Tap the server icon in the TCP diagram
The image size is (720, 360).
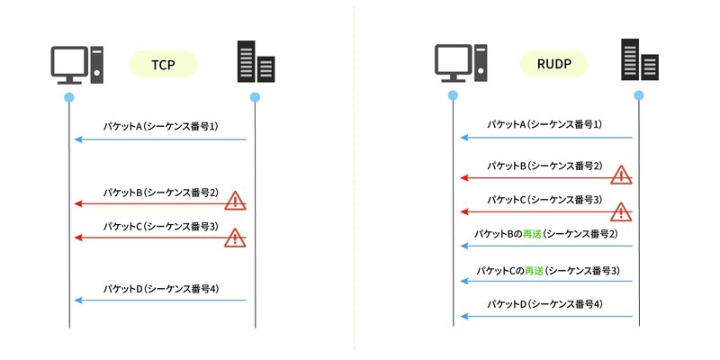pyautogui.click(x=255, y=62)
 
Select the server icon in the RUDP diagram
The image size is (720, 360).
pyautogui.click(x=639, y=60)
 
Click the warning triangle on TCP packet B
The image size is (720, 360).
pyautogui.click(x=235, y=200)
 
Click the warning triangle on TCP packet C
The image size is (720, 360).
pyautogui.click(x=235, y=237)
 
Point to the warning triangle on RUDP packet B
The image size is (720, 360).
pyautogui.click(x=621, y=175)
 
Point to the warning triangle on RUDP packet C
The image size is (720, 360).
pyautogui.click(x=621, y=211)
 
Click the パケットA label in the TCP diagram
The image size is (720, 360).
pyautogui.click(x=160, y=126)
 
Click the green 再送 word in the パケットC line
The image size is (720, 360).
pyautogui.click(x=534, y=269)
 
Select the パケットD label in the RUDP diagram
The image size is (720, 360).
pyautogui.click(x=544, y=304)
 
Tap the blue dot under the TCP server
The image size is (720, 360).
pyautogui.click(x=256, y=96)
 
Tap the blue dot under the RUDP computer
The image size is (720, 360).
pyautogui.click(x=453, y=95)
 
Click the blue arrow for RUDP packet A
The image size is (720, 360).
pyautogui.click(x=544, y=138)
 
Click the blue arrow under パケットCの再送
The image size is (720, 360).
pyautogui.click(x=544, y=281)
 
